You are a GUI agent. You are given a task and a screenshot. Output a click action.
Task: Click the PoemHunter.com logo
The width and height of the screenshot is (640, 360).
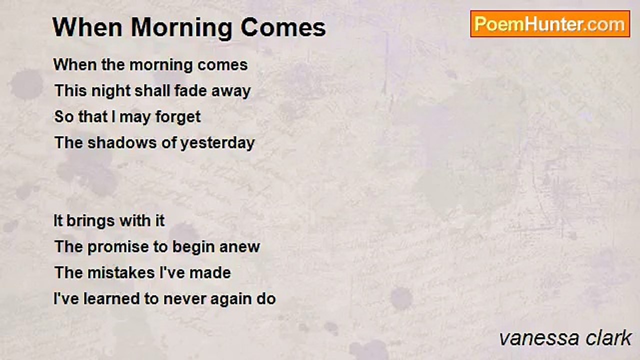tap(549, 24)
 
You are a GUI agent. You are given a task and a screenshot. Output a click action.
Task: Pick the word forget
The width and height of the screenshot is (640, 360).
tap(177, 117)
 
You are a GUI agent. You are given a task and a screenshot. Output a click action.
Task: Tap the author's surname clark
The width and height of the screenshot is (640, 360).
tap(609, 338)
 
